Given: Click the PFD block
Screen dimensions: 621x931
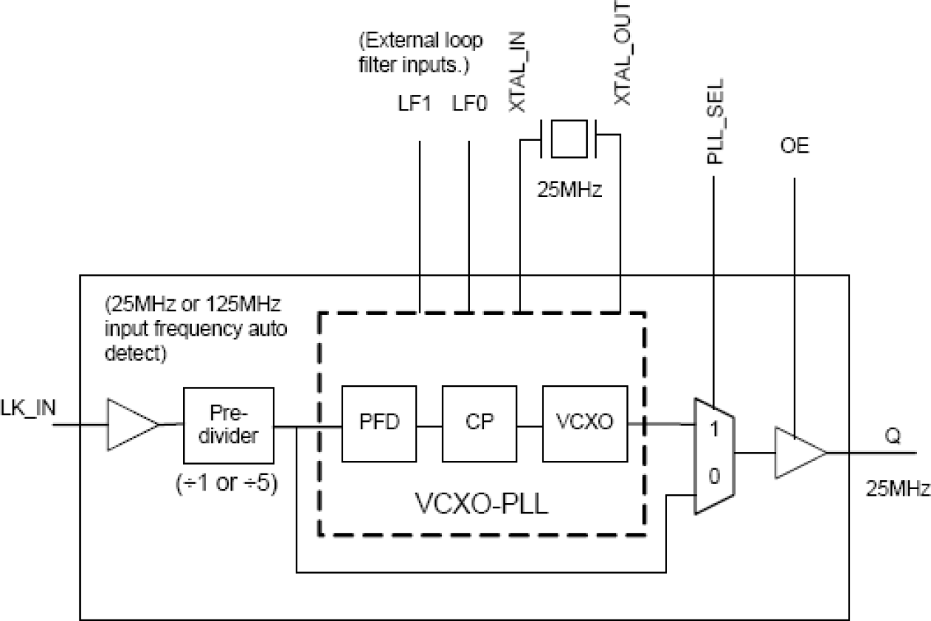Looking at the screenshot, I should [379, 423].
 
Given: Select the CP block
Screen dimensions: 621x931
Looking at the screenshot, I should [479, 423].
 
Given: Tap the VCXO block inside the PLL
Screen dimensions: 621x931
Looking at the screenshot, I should [584, 423].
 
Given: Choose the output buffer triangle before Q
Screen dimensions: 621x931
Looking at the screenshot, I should [798, 452].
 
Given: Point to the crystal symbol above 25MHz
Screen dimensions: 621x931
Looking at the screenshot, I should [569, 139].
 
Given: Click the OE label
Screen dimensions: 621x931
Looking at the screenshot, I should [794, 147].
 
